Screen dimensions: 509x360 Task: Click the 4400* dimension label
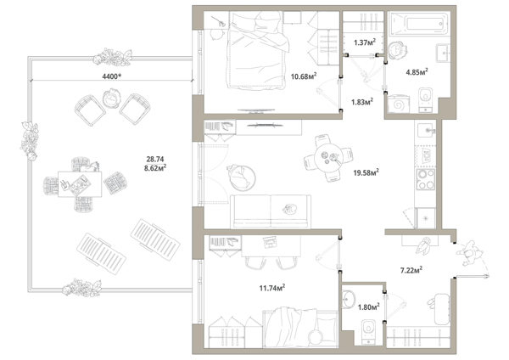[x=112, y=76]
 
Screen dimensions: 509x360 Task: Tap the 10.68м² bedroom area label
[x=304, y=76]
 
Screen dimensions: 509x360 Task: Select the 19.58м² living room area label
[x=366, y=172]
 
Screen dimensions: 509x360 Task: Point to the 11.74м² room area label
[x=272, y=288]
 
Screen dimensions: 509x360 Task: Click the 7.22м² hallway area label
[x=411, y=270]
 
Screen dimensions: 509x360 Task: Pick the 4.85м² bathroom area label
[x=417, y=72]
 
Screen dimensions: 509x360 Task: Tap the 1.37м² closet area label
[x=365, y=42]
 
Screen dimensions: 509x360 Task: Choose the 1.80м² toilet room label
[x=369, y=307]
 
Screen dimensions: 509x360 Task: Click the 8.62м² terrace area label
[x=155, y=168]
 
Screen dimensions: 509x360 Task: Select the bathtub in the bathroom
[x=419, y=24]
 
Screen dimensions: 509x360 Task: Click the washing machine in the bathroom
[x=399, y=104]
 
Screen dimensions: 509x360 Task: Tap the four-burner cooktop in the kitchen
[x=426, y=179]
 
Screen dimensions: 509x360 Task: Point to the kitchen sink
[x=427, y=131]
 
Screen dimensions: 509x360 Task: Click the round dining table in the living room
[x=329, y=158]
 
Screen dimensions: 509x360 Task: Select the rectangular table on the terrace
[x=80, y=184]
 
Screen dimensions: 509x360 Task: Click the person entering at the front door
[x=469, y=253]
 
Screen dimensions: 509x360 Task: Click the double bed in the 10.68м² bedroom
[x=256, y=50]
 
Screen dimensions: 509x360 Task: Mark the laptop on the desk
[x=270, y=242]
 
